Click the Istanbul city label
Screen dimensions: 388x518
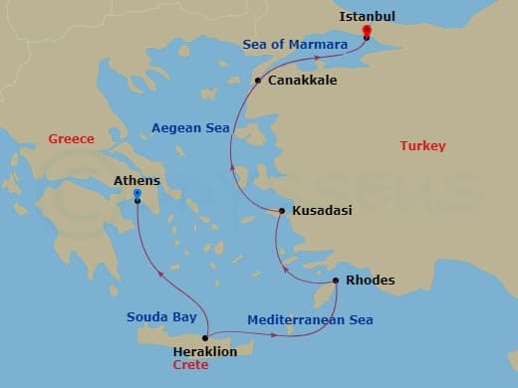click(x=368, y=17)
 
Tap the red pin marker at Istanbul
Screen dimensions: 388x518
click(x=367, y=31)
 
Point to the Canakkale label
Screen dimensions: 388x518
click(x=301, y=81)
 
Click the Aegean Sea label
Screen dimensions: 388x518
click(x=190, y=128)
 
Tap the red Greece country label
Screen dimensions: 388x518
click(x=71, y=139)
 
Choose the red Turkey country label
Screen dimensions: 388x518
click(x=422, y=146)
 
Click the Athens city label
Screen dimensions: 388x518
click(x=137, y=181)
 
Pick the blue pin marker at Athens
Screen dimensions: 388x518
click(x=136, y=206)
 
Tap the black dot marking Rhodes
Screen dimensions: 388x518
click(x=336, y=281)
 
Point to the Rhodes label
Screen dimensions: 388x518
click(x=369, y=281)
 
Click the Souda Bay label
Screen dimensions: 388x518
click(x=155, y=317)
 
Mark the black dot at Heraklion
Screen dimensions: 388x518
click(x=206, y=338)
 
